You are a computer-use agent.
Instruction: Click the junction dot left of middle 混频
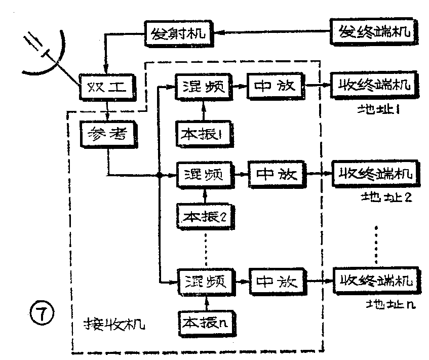(x=159, y=176)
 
